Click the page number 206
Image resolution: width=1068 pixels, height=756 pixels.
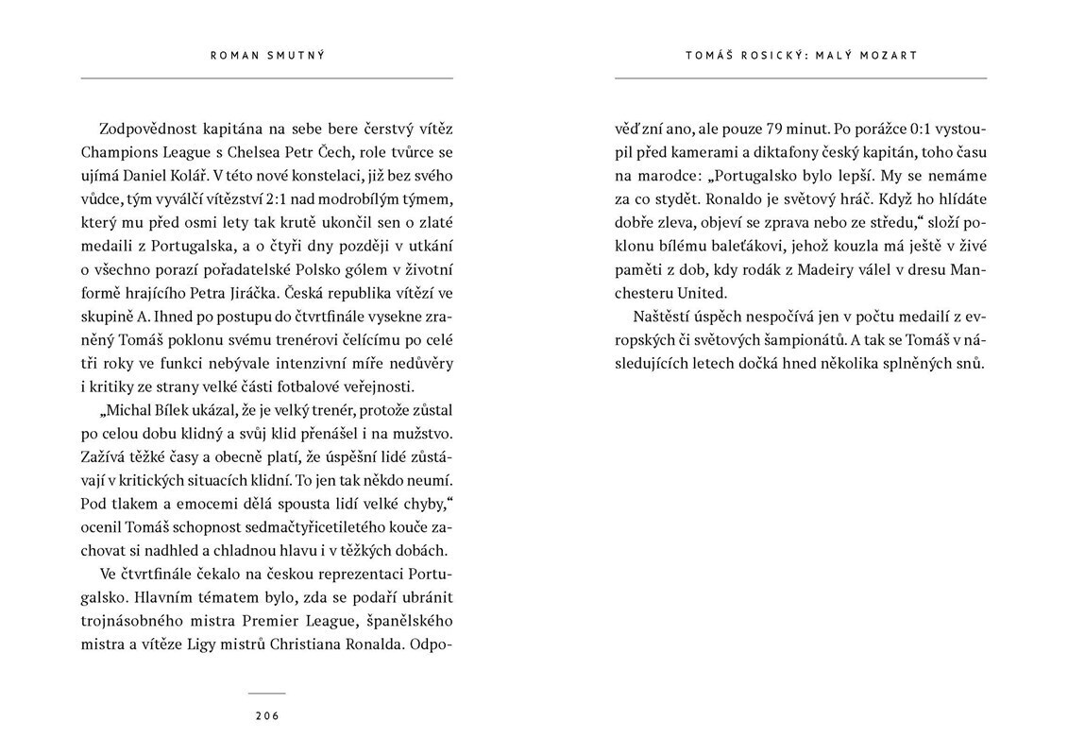pyautogui.click(x=267, y=715)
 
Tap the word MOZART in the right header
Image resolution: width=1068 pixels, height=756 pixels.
pyautogui.click(x=890, y=56)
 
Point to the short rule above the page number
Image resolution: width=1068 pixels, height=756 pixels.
pyautogui.click(x=267, y=693)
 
